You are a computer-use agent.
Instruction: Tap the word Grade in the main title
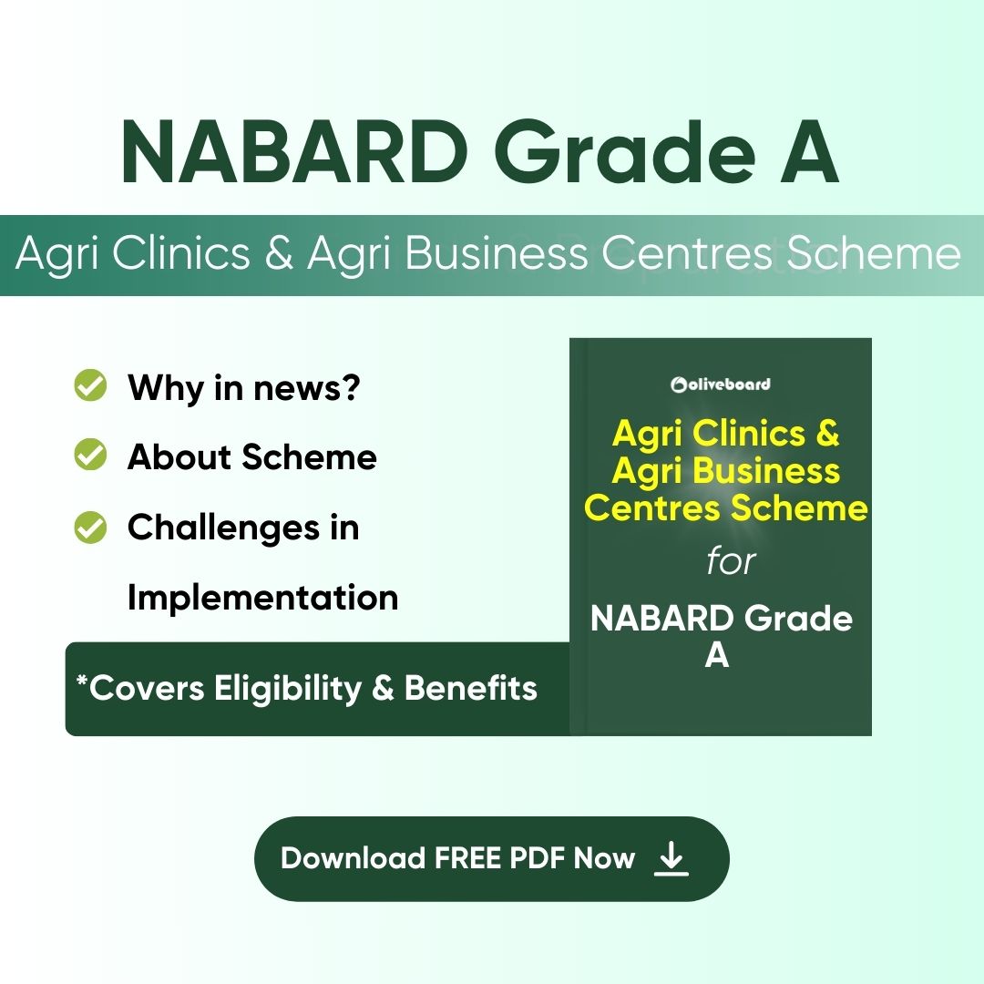point(626,152)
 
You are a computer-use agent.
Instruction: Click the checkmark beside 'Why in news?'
point(90,384)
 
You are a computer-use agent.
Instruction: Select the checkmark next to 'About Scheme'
point(90,454)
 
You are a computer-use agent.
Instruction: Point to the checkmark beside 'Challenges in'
point(90,527)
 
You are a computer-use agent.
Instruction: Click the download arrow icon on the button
point(671,858)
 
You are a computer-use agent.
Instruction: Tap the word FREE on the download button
point(468,858)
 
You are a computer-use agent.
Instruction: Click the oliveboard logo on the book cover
point(721,384)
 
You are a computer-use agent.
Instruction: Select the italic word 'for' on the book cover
point(731,560)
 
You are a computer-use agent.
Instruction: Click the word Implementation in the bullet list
point(263,598)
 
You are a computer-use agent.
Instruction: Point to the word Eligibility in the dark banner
point(288,689)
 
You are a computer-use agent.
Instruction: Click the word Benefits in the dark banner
point(471,688)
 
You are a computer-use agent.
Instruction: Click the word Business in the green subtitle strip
point(496,253)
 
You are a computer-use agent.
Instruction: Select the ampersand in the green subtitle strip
point(279,253)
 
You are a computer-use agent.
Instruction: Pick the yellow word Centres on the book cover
point(651,507)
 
